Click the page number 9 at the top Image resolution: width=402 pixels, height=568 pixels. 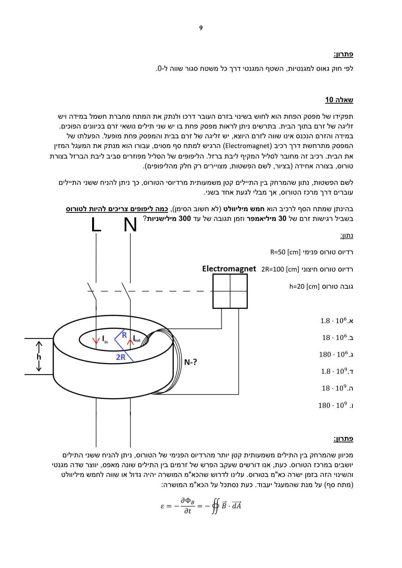click(201, 28)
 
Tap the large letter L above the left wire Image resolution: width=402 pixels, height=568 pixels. click(96, 225)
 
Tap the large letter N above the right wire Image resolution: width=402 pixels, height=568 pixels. click(130, 225)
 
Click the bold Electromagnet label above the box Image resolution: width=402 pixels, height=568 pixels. click(229, 269)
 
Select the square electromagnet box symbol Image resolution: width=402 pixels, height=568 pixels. click(230, 291)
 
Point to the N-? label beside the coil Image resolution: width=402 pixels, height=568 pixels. click(190, 362)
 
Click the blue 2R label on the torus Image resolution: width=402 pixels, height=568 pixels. click(120, 357)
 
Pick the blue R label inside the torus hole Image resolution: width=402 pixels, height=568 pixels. click(124, 335)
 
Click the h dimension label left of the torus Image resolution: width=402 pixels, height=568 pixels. click(39, 357)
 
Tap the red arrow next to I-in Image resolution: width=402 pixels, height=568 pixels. click(96, 341)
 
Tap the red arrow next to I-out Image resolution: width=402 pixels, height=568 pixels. click(130, 342)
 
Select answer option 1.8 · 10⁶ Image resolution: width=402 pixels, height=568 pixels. click(337, 321)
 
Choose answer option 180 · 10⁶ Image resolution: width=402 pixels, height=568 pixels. click(336, 354)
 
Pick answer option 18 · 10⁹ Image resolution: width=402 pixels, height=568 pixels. click(337, 388)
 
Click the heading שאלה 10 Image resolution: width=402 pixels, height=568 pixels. click(339, 100)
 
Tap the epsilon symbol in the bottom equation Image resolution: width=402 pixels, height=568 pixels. click(162, 506)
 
